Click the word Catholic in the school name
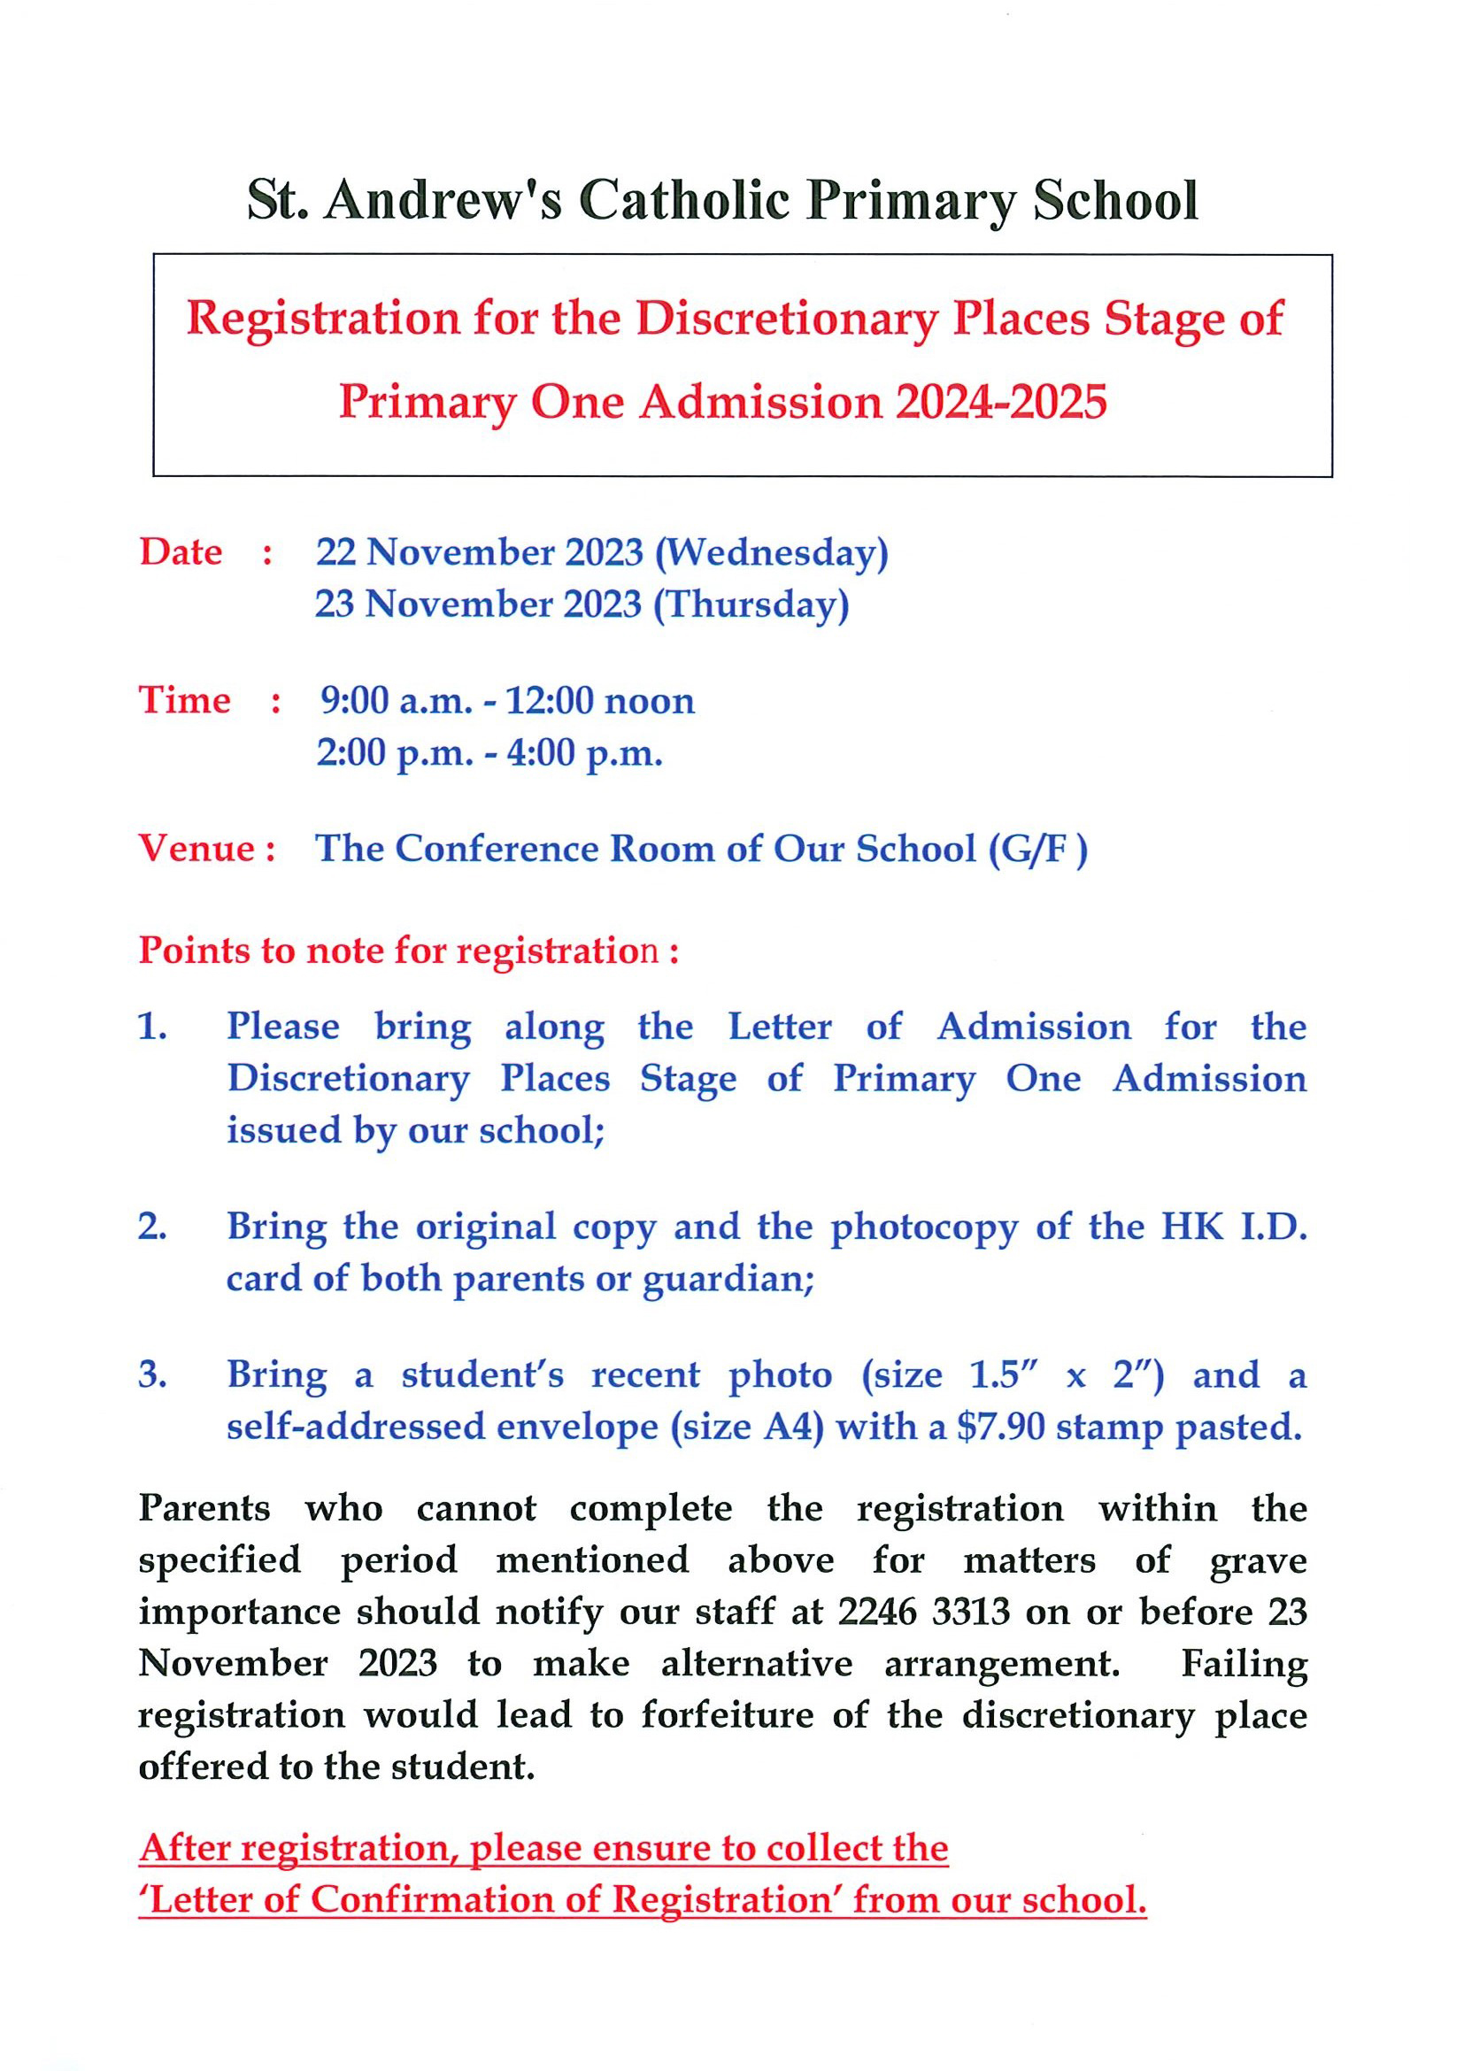tap(684, 200)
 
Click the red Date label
tap(181, 552)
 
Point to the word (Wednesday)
tap(771, 553)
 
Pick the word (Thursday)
tap(751, 604)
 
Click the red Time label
tap(185, 700)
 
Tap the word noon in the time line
tap(649, 701)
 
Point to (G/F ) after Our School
tap(1038, 849)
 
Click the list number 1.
tap(151, 1027)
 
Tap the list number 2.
tap(151, 1227)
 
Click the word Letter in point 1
tap(780, 1027)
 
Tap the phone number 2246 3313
tap(923, 1612)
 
